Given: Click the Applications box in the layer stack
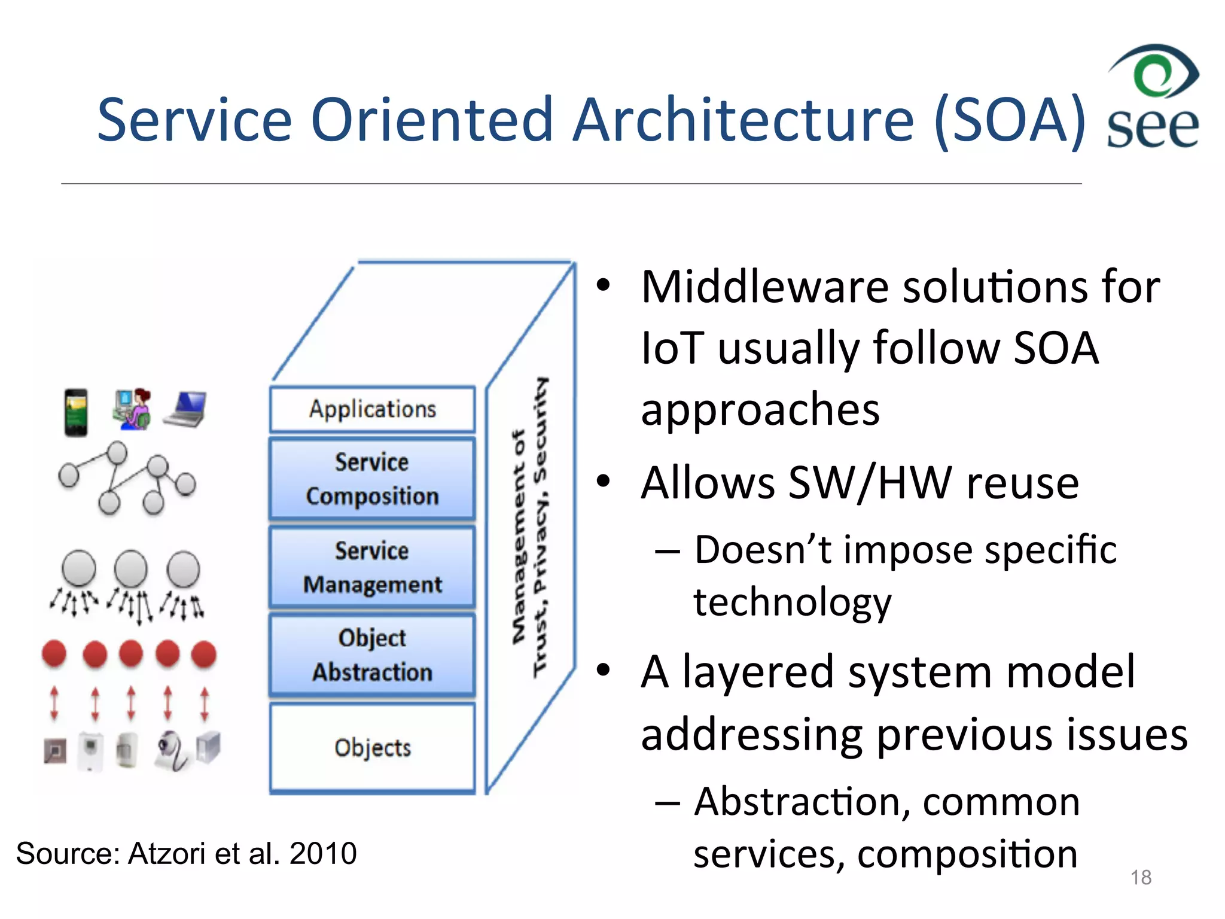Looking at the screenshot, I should (x=372, y=409).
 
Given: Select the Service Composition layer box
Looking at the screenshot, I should (x=372, y=479).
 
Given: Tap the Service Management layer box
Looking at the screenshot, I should (x=372, y=567).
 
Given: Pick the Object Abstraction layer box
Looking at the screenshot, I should (x=372, y=655).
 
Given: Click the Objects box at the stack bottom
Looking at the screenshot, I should (x=372, y=748).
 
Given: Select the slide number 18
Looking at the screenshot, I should (x=1141, y=877).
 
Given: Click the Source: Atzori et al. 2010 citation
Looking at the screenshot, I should (x=186, y=853).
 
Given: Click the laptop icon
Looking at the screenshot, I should (x=186, y=409).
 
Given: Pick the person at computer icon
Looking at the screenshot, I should (x=133, y=409).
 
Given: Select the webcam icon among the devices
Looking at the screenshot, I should (x=172, y=751).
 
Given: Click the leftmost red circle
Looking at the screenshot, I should (x=54, y=653).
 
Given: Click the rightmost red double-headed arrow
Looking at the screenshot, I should (x=205, y=704).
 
